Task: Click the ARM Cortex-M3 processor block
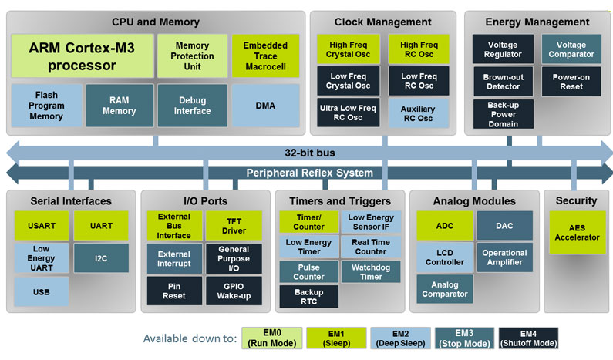pyautogui.click(x=82, y=56)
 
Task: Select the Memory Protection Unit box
pyautogui.click(x=192, y=56)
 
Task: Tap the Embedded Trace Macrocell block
pyautogui.click(x=265, y=56)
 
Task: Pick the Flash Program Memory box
pyautogui.click(x=46, y=106)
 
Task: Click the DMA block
pyautogui.click(x=265, y=106)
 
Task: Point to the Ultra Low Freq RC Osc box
pyautogui.click(x=348, y=113)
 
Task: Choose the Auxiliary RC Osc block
pyautogui.click(x=419, y=113)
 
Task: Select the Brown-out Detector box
pyautogui.click(x=504, y=82)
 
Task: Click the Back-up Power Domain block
pyautogui.click(x=504, y=114)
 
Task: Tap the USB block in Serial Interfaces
pyautogui.click(x=42, y=291)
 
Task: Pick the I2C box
pyautogui.click(x=101, y=258)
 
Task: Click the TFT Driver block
pyautogui.click(x=234, y=226)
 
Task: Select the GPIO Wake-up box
pyautogui.click(x=234, y=291)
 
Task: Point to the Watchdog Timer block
pyautogui.click(x=371, y=271)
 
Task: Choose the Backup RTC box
pyautogui.click(x=309, y=297)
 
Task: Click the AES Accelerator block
pyautogui.click(x=577, y=233)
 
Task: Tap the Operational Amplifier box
pyautogui.click(x=504, y=257)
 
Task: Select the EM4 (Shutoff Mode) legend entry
pyautogui.click(x=528, y=338)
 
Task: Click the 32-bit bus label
pyautogui.click(x=310, y=153)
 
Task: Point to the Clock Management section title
pyautogui.click(x=382, y=22)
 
